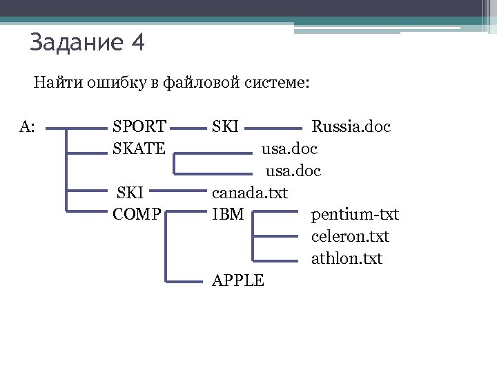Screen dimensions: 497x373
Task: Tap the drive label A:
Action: pyautogui.click(x=28, y=127)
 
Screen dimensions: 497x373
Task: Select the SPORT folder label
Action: pyautogui.click(x=139, y=127)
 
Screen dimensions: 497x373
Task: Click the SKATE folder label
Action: pyautogui.click(x=139, y=148)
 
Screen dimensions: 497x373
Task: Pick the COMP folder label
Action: pyautogui.click(x=137, y=214)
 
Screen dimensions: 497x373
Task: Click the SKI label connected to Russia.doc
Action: pyautogui.click(x=225, y=127)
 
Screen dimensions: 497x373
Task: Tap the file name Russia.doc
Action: pyautogui.click(x=351, y=127)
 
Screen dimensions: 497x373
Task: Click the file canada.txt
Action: pyautogui.click(x=249, y=192)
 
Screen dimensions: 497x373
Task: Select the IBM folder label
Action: pyautogui.click(x=227, y=214)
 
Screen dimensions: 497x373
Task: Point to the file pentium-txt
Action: pyautogui.click(x=355, y=214)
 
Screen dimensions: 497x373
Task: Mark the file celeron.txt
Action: pyautogui.click(x=351, y=236)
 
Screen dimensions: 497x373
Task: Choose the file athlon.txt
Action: pyautogui.click(x=347, y=258)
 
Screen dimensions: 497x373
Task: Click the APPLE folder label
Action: pyautogui.click(x=237, y=280)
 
